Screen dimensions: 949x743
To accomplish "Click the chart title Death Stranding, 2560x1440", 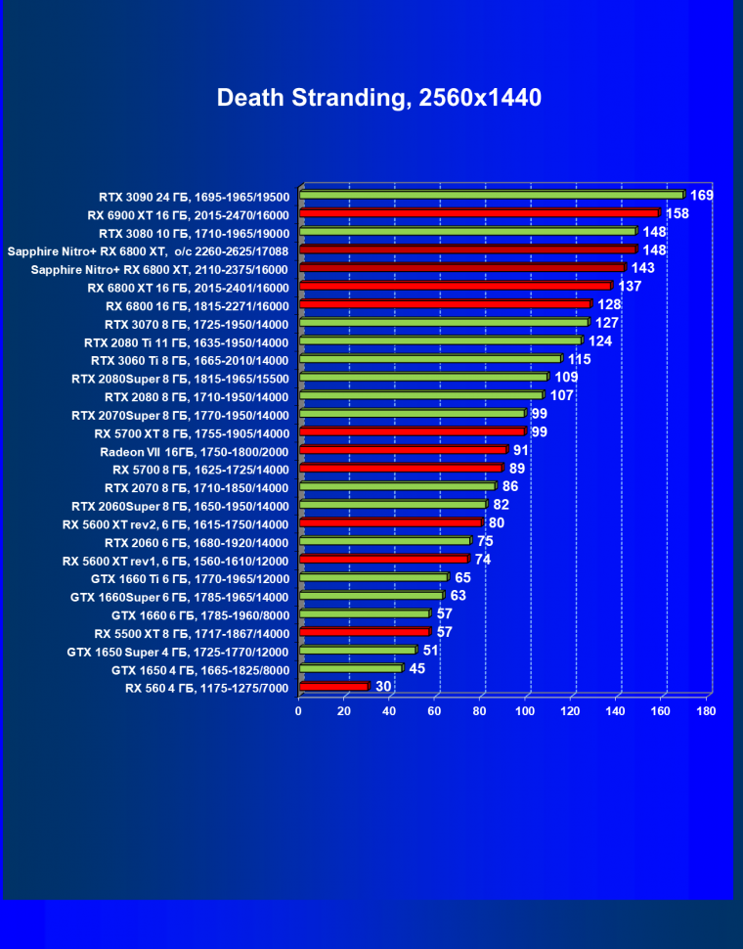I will click(379, 98).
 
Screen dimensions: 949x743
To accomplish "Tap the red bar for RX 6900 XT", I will click(480, 212).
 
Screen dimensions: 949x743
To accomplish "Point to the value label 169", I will click(701, 195).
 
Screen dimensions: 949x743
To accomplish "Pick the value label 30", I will click(384, 687).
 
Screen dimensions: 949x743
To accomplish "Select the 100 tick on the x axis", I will click(525, 711).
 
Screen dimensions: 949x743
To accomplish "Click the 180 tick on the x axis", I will click(706, 711).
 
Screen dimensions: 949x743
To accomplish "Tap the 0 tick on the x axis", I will click(299, 711).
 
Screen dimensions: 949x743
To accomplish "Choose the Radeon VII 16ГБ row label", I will click(195, 451).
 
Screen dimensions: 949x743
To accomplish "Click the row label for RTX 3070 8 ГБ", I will click(197, 324).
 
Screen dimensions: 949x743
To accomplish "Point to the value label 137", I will click(630, 286).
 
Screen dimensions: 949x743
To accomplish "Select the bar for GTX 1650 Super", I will click(358, 651).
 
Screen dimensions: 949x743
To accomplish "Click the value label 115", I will click(579, 359).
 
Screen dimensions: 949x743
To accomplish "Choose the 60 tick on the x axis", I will click(435, 711).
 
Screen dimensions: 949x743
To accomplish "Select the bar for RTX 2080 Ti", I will click(441, 340).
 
